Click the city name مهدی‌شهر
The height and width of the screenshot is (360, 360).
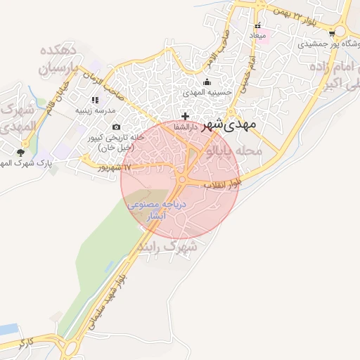230,125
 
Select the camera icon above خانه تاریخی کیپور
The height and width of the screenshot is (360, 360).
117,127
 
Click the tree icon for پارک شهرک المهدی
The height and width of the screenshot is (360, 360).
21,153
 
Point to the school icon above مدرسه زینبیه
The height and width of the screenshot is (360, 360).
96,101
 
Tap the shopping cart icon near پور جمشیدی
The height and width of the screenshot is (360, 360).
331,32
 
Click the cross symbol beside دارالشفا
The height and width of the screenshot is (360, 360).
185,116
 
